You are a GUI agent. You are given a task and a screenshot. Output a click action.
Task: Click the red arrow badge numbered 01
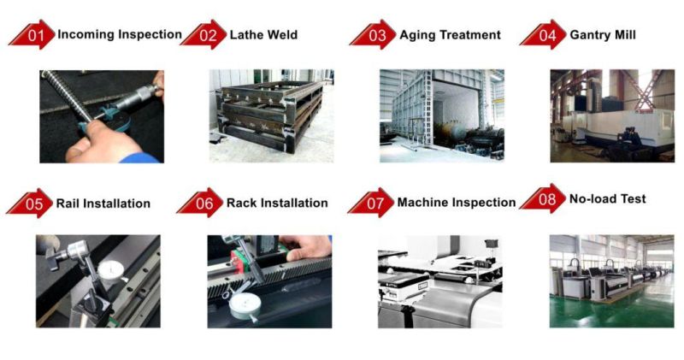point(32,34)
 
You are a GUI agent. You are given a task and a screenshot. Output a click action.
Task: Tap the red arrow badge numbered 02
point(203,34)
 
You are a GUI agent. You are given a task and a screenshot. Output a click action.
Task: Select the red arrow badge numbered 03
point(373,34)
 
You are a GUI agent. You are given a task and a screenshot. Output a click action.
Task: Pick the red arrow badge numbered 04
point(543,34)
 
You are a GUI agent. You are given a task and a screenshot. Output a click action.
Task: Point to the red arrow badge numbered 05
point(30,204)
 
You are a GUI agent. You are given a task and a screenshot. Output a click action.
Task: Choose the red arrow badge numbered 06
point(200,203)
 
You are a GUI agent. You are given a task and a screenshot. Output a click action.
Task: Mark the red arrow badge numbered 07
point(371,203)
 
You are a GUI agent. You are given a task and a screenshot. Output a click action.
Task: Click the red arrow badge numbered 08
point(543,198)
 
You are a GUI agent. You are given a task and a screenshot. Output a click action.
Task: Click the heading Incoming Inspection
point(120,34)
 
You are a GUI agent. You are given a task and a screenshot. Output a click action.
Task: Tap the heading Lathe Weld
point(263,35)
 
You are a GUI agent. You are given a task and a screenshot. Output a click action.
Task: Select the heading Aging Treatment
point(451,35)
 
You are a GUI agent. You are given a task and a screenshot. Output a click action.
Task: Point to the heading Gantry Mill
point(603,35)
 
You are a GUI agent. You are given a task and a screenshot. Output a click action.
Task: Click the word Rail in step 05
point(68,204)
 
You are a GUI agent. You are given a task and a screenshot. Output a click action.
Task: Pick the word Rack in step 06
point(242,203)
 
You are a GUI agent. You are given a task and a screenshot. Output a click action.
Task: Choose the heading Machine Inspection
point(457,203)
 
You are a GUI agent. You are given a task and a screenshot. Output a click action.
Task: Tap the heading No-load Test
point(608,199)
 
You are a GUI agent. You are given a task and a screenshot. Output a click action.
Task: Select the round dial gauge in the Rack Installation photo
point(245,306)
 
